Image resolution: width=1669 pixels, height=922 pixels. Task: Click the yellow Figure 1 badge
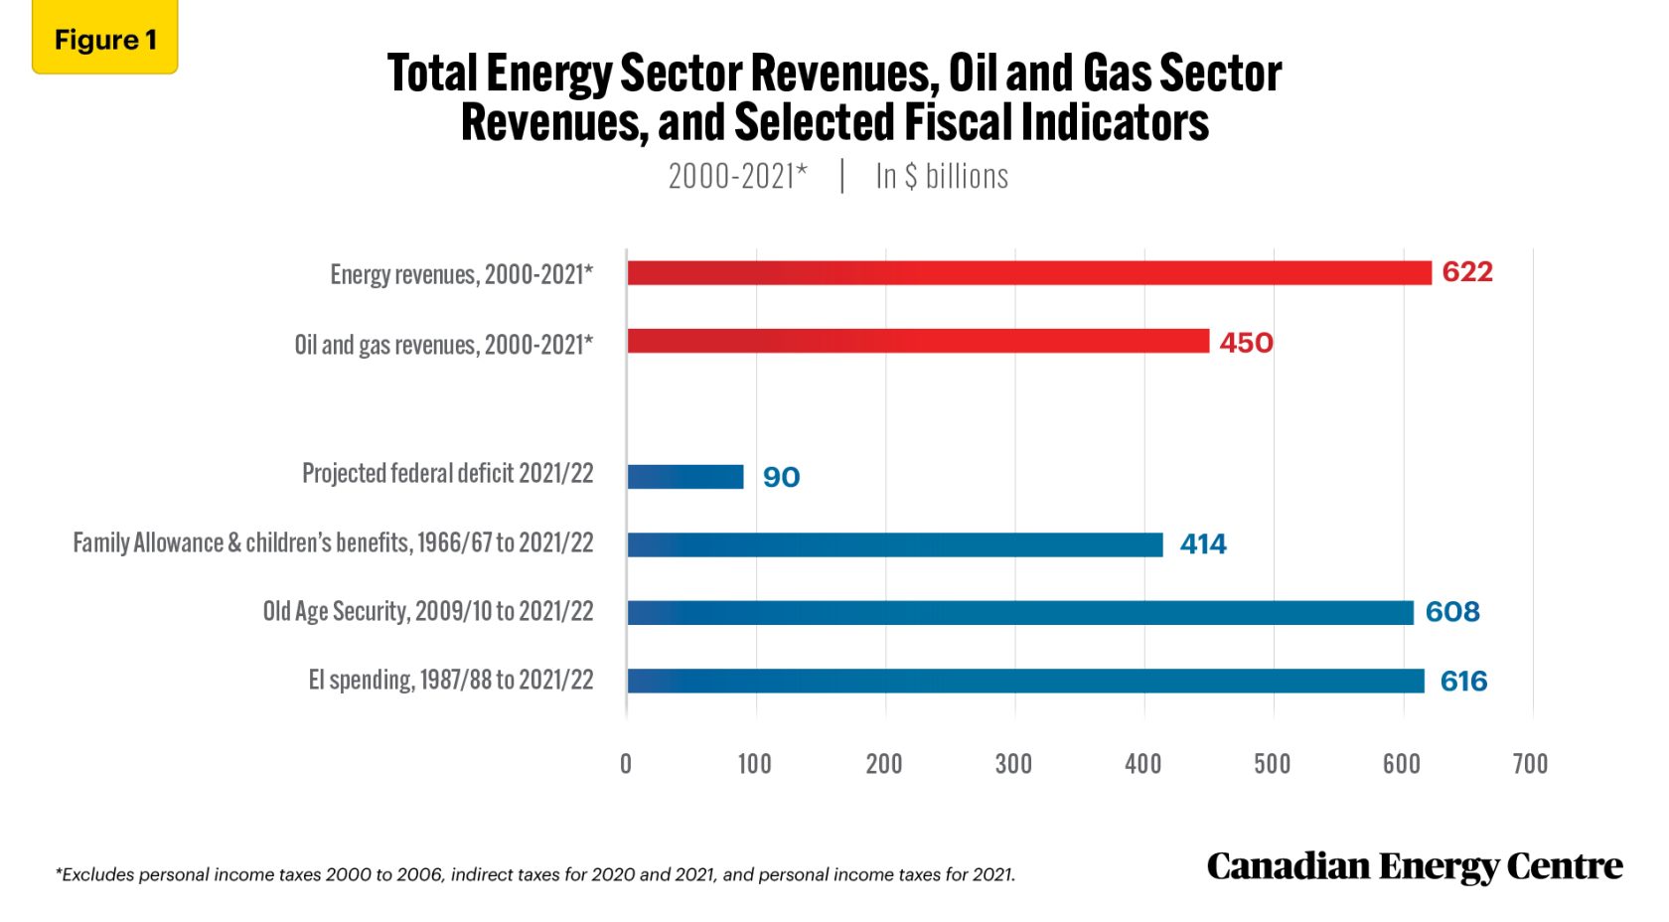tap(104, 40)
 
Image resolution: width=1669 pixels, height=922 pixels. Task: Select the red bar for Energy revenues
tap(1028, 273)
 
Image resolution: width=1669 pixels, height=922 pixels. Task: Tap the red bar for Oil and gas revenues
tap(918, 342)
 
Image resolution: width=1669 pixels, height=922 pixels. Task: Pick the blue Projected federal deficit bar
tap(685, 477)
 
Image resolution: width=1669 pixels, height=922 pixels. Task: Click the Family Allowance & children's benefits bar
tap(894, 544)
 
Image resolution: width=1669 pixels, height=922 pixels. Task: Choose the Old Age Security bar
tap(1019, 612)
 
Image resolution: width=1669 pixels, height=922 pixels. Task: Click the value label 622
tap(1466, 272)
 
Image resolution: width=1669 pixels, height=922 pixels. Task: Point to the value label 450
tap(1246, 343)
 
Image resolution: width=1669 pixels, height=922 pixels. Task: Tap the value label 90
tap(781, 478)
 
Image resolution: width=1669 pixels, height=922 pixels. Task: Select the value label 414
tap(1203, 544)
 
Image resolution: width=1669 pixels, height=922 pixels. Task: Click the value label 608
tap(1451, 612)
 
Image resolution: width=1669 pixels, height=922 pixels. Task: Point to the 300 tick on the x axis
tap(1013, 763)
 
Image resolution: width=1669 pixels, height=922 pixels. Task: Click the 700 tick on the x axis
tap(1530, 763)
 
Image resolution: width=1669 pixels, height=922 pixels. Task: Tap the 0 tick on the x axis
tap(626, 763)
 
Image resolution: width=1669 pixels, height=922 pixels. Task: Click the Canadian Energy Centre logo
tap(1414, 866)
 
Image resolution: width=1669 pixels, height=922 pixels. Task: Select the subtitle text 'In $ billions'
tap(941, 177)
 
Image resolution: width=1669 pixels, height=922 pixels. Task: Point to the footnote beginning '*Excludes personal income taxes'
tap(535, 874)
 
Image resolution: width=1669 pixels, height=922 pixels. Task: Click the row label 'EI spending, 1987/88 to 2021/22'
tap(450, 681)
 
